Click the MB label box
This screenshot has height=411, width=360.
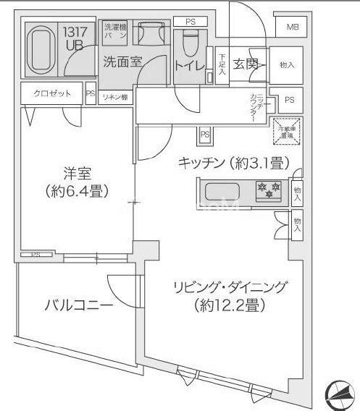(x=292, y=27)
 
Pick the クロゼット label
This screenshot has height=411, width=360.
(x=46, y=93)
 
